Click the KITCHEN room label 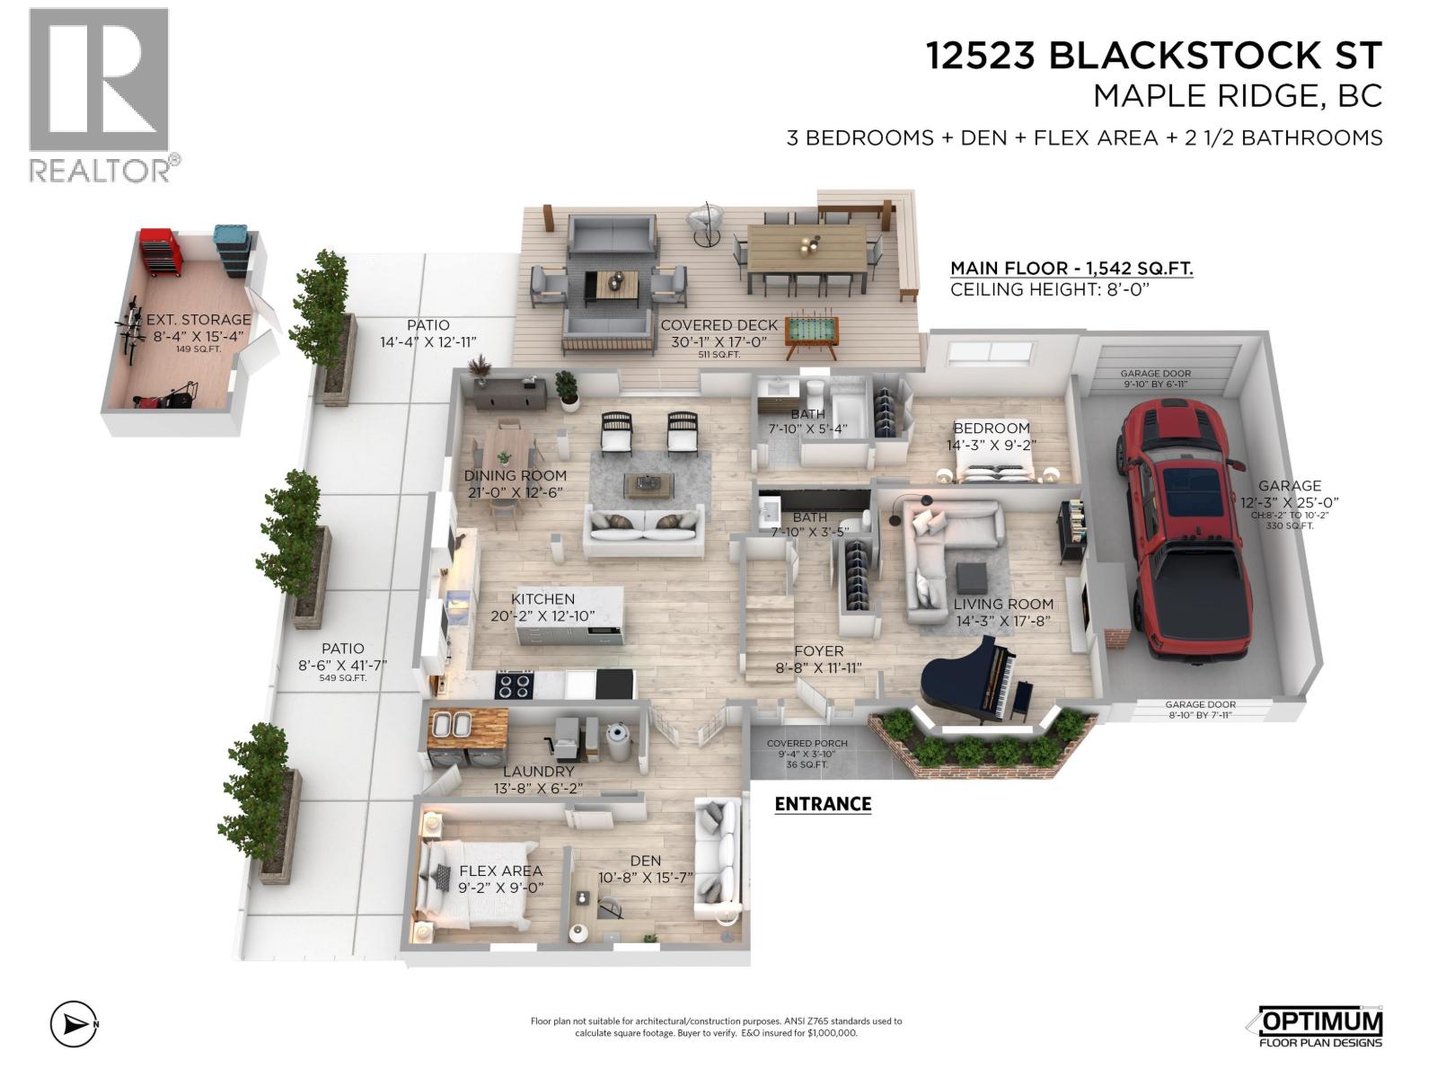(542, 599)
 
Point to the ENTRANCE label (823, 804)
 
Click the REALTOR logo (99, 94)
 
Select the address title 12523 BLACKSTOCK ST (1154, 56)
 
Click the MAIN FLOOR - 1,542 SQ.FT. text (1071, 269)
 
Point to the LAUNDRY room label (538, 771)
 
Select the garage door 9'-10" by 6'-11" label (1155, 378)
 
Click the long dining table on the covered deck (806, 246)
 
